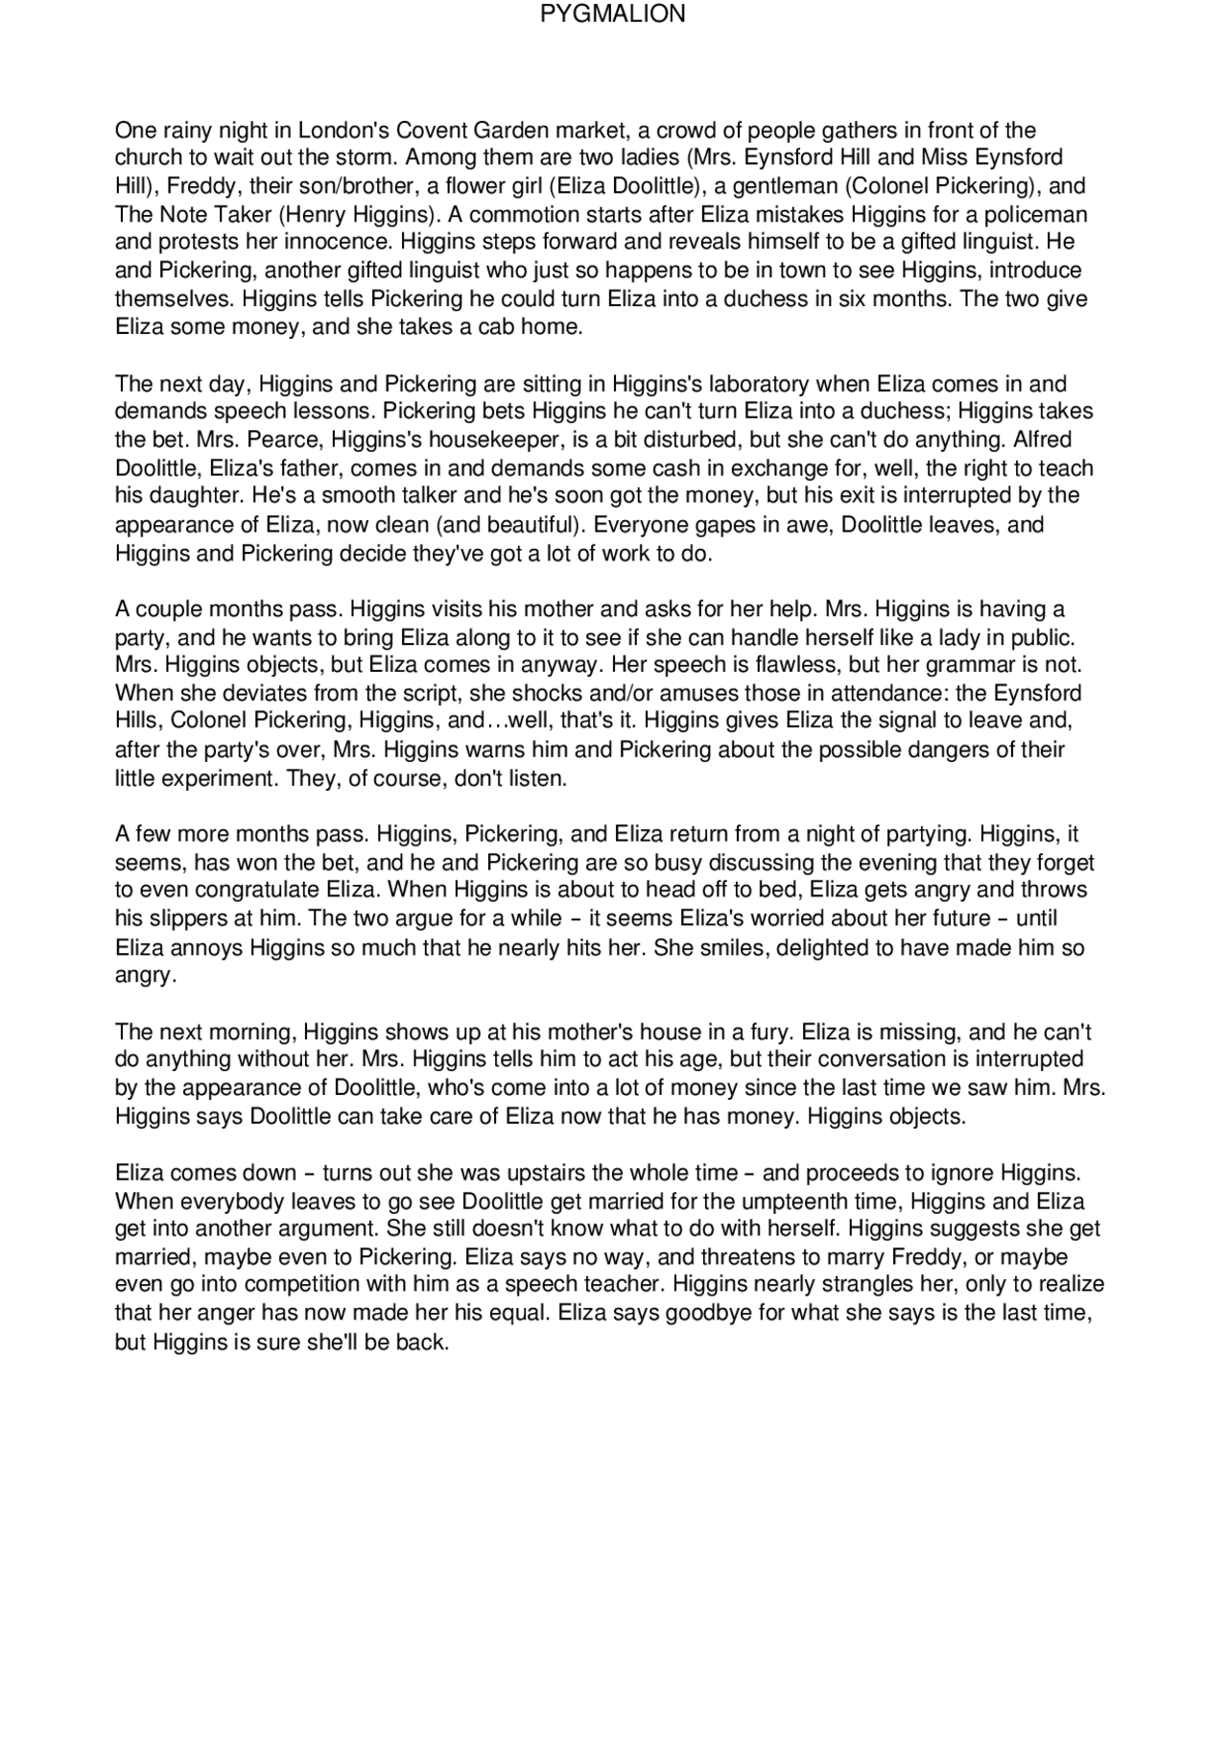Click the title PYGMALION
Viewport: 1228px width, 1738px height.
(613, 14)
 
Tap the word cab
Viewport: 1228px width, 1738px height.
(495, 326)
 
